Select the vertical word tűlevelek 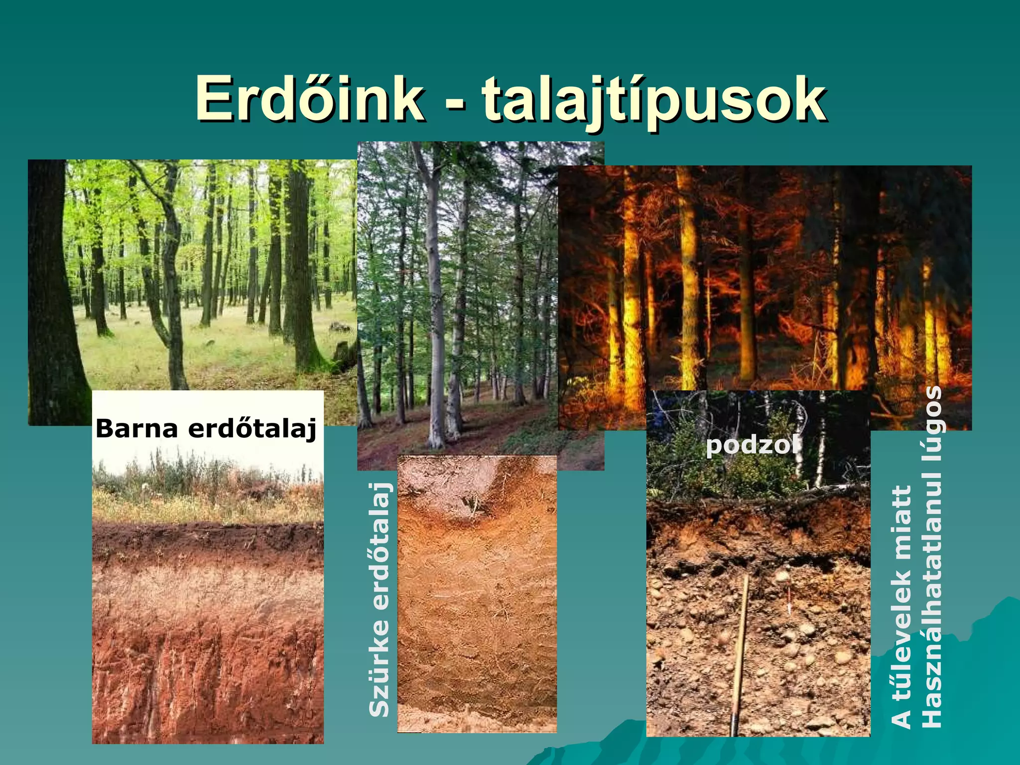(902, 642)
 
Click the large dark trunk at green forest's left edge (52, 299)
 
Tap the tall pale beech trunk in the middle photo (435, 299)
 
